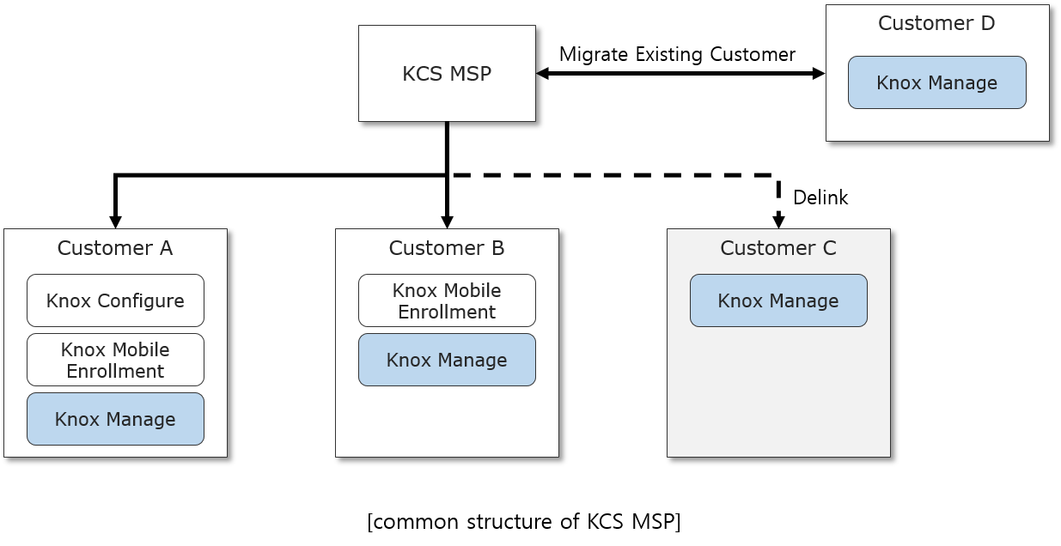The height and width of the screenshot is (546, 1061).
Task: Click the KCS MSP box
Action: click(x=447, y=74)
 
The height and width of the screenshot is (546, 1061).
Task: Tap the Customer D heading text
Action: click(x=936, y=24)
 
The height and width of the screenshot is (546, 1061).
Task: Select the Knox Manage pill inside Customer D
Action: click(x=936, y=83)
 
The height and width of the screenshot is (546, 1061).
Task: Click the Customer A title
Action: click(x=114, y=249)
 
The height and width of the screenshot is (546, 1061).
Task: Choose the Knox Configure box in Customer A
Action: click(x=115, y=301)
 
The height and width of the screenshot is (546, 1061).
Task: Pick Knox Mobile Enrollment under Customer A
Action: click(x=115, y=361)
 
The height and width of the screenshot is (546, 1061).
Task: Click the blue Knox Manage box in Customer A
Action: click(x=115, y=420)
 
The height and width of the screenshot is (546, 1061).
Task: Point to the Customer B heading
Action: click(x=446, y=249)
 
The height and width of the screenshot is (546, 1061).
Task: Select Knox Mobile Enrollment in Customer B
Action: click(x=447, y=301)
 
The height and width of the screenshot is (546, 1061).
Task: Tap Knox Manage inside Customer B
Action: click(x=447, y=361)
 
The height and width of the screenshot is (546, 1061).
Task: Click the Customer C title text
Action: click(x=777, y=249)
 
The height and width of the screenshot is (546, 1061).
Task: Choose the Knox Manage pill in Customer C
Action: click(x=778, y=301)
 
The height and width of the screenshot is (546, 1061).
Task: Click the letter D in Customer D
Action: click(x=987, y=24)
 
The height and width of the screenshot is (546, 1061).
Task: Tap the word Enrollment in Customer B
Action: click(x=447, y=312)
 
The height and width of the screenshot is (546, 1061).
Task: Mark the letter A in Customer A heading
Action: click(x=165, y=249)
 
